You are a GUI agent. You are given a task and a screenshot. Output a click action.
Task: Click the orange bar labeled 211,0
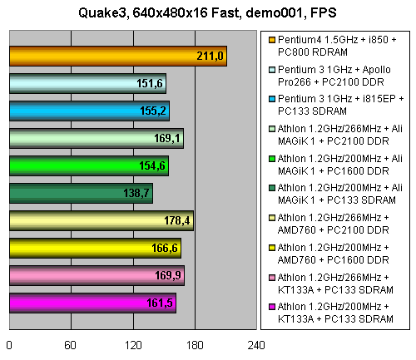coord(118,56)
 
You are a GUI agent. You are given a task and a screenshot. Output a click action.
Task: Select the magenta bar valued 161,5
coord(92,303)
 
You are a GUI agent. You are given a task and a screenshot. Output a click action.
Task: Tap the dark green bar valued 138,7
coord(81,193)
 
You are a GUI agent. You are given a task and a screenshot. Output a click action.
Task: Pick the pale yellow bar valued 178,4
coord(102,220)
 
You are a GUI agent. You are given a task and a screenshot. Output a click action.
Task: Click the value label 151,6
coord(150,83)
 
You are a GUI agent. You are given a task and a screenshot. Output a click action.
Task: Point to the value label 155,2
coord(153,111)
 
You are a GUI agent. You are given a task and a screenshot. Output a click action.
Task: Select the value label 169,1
coord(167,138)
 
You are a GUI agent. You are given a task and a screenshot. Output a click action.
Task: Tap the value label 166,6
coord(165,248)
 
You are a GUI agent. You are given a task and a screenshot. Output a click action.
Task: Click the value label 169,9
coord(168,275)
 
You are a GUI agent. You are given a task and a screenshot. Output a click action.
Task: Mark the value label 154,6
coord(152,165)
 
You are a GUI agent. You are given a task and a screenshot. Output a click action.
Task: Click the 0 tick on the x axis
coord(9,345)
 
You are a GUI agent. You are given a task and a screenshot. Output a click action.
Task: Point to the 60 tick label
coord(70,345)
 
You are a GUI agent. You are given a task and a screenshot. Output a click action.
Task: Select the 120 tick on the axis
coord(133,345)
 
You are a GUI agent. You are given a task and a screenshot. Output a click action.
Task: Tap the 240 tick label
coord(256,345)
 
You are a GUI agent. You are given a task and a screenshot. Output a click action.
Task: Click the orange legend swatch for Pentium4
coord(272,40)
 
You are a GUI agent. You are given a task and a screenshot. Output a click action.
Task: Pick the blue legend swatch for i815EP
coord(272,99)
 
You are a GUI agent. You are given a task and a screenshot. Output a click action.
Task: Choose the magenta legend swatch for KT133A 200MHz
coord(272,307)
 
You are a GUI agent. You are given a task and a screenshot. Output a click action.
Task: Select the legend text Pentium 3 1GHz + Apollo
coord(334,70)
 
